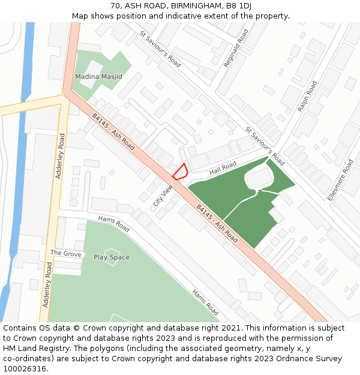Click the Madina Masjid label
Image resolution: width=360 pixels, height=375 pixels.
(98, 77)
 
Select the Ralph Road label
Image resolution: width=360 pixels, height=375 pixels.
(307, 96)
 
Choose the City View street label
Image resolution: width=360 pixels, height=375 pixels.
(163, 196)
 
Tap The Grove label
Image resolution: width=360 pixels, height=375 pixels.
(65, 254)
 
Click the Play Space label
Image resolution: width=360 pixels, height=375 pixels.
(112, 257)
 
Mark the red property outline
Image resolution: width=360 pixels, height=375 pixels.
(179, 172)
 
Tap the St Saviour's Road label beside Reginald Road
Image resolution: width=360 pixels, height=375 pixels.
(160, 49)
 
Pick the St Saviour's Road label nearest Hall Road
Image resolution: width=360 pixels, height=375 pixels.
(265, 146)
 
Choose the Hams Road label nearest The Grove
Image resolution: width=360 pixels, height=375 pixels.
(114, 224)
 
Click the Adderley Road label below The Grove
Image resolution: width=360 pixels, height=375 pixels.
(47, 284)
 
